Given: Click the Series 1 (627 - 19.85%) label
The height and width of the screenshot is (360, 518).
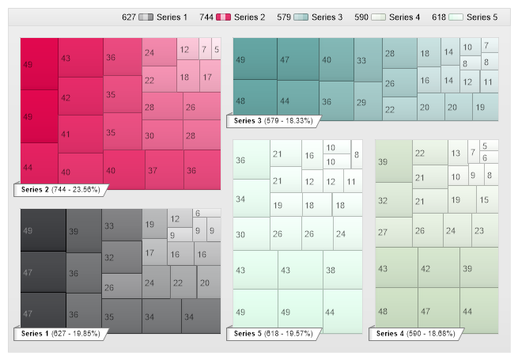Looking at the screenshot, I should (x=60, y=334).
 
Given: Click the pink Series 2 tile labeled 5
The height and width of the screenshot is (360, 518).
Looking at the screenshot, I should (x=217, y=49).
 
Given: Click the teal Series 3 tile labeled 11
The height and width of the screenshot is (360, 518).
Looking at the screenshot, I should (x=489, y=81).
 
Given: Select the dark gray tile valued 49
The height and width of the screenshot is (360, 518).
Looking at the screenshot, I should (x=43, y=230).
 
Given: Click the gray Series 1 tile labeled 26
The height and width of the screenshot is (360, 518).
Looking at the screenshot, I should (x=122, y=286).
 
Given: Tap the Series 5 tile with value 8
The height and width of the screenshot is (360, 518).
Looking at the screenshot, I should (x=357, y=155).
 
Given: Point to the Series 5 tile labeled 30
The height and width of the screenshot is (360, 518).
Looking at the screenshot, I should (x=251, y=234).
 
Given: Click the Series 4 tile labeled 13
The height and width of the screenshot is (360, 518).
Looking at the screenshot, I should (x=458, y=152).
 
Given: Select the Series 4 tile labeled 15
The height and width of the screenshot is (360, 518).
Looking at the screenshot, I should (x=486, y=200).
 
